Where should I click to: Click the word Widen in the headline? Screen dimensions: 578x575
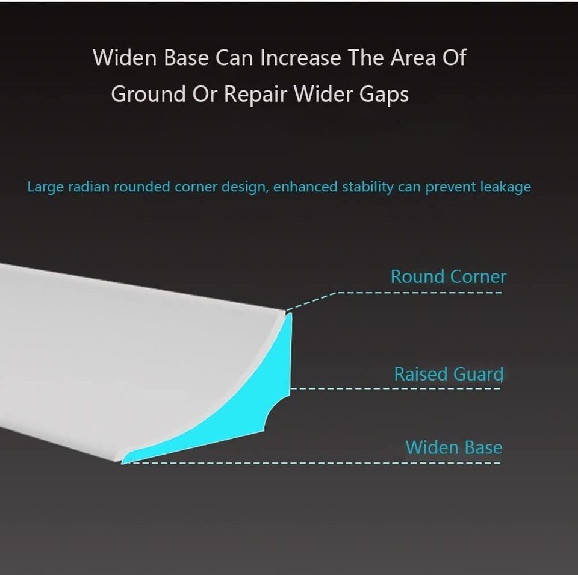click(x=125, y=58)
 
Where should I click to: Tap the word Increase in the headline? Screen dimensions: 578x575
click(x=300, y=58)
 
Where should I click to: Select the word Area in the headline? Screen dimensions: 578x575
click(x=413, y=58)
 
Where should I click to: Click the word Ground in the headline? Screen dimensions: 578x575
click(x=148, y=93)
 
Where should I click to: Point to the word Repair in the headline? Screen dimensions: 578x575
click(x=255, y=95)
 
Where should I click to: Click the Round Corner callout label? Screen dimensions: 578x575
click(x=448, y=276)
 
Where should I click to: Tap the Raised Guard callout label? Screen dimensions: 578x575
click(x=449, y=374)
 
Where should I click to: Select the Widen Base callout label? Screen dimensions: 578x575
click(x=454, y=447)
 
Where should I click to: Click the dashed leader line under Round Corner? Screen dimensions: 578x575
click(x=394, y=293)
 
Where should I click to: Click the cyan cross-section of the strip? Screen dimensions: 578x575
click(x=258, y=398)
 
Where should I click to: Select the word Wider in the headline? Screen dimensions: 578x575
click(x=323, y=93)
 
